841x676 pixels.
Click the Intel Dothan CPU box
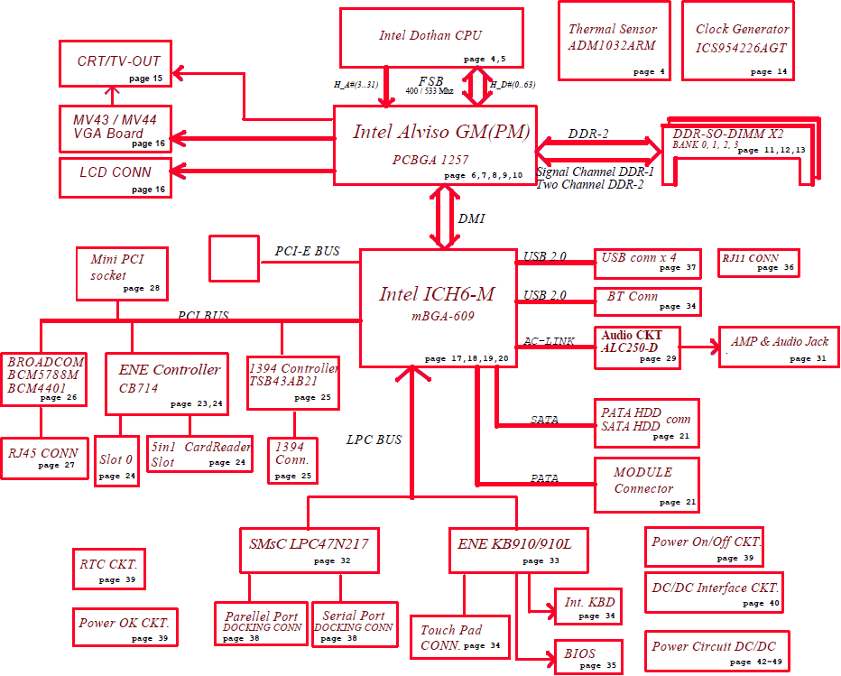[x=431, y=38]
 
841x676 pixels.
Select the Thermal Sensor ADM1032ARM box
[x=615, y=41]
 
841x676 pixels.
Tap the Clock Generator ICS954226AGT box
[x=738, y=41]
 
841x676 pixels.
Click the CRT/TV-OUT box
[x=116, y=63]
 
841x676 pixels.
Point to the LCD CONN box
[x=116, y=178]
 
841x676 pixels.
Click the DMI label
[x=471, y=218]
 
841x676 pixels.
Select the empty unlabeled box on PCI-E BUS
[x=234, y=258]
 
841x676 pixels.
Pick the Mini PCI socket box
[x=122, y=273]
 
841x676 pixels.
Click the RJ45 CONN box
[x=45, y=458]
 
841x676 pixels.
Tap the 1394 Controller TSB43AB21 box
[x=293, y=383]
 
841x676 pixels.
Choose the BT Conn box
[x=647, y=301]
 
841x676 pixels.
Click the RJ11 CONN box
[x=758, y=263]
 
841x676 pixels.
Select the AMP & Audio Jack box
[x=779, y=347]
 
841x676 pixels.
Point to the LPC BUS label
[x=374, y=440]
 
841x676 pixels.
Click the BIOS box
[x=588, y=656]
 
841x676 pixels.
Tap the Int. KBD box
[x=588, y=607]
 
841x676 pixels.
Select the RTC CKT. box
[x=109, y=569]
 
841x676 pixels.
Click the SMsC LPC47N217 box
[x=309, y=551]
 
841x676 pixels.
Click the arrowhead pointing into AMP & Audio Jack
[x=716, y=347]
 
